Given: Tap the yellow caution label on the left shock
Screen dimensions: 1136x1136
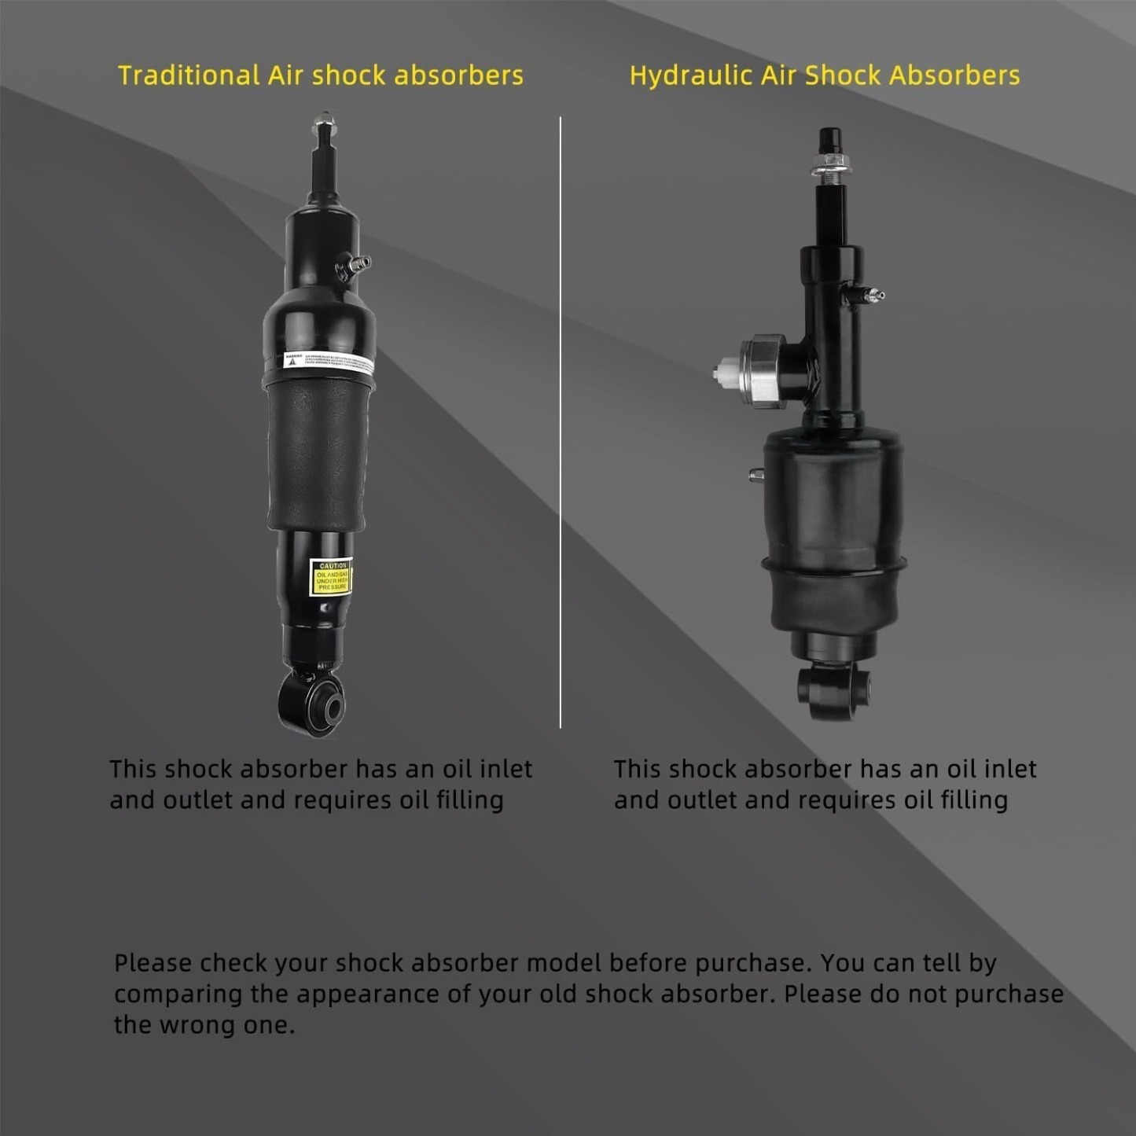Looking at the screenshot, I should pyautogui.click(x=331, y=577).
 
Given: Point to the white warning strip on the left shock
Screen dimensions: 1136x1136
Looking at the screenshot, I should pyautogui.click(x=329, y=361).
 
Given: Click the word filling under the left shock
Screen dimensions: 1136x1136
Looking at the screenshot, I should pyautogui.click(x=469, y=800).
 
